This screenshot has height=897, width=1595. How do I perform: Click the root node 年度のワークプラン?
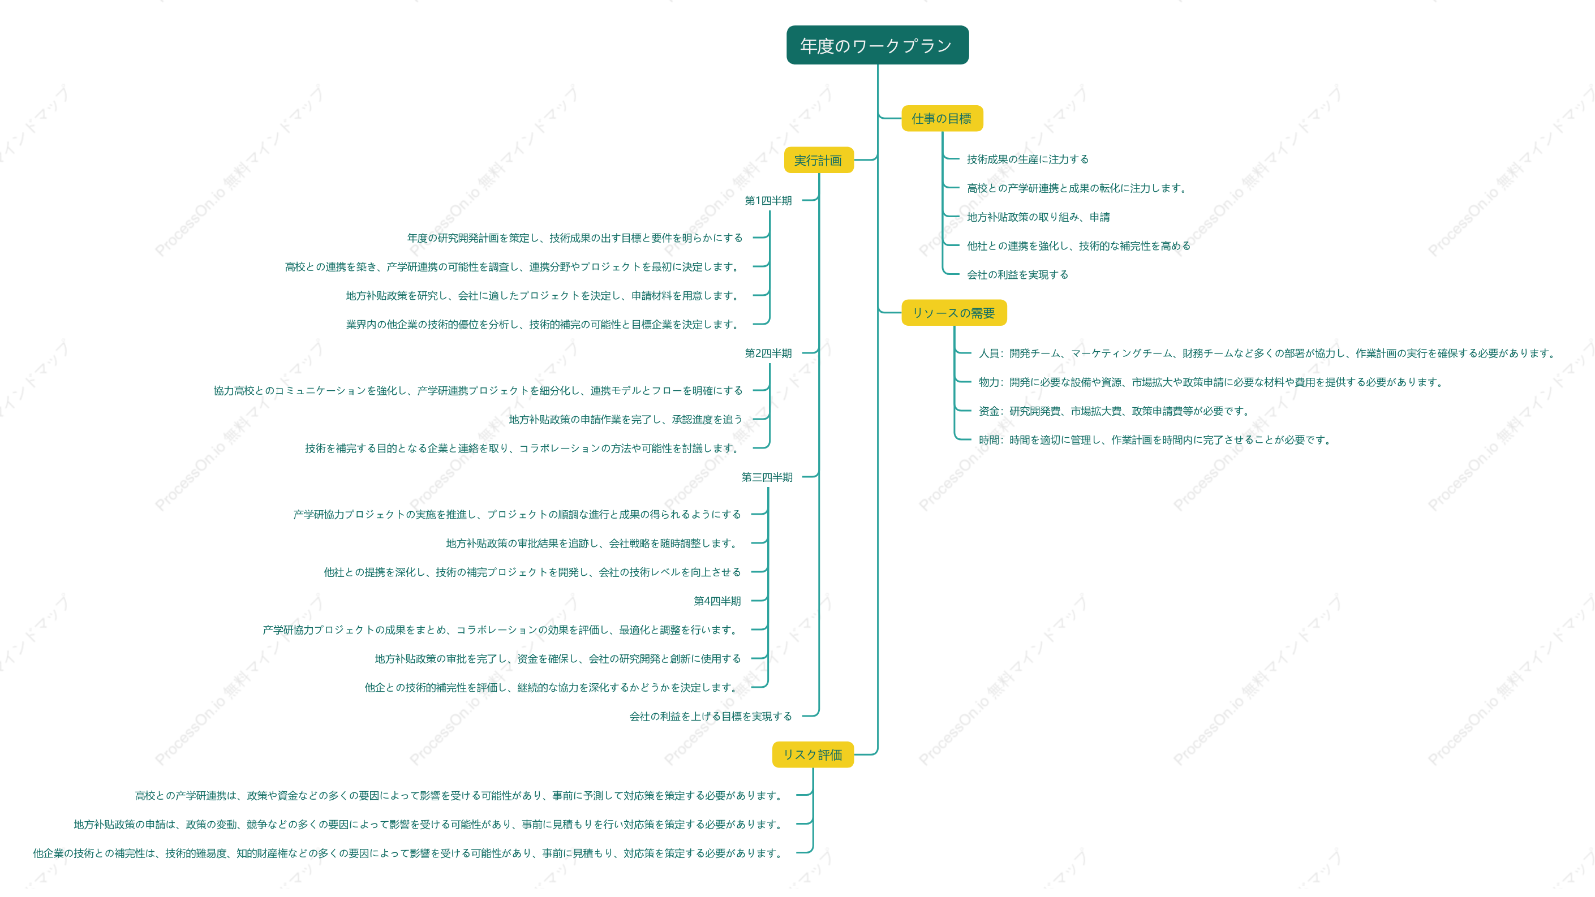877,45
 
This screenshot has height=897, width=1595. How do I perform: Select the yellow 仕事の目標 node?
941,118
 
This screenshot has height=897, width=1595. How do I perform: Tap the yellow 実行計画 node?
818,160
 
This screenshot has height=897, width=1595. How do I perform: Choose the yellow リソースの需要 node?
953,313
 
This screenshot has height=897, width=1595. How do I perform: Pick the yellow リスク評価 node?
812,754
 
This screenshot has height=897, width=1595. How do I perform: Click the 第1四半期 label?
768,201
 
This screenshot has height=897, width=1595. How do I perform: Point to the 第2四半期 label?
768,353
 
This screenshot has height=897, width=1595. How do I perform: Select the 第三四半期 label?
767,477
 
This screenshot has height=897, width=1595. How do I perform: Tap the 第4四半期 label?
717,601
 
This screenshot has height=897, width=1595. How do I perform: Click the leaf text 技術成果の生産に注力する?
1028,159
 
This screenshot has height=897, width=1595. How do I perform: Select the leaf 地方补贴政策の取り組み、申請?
1038,217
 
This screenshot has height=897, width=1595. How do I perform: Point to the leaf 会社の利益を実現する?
1017,275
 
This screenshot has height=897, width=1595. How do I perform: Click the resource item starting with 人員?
1267,353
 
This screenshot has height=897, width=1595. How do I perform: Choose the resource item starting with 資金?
1114,411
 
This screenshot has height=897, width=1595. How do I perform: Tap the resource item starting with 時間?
1155,440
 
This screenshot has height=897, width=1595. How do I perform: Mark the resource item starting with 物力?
1211,382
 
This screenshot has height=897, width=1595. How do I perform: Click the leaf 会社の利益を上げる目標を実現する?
711,717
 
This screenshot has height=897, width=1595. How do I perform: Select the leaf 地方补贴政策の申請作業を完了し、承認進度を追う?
625,420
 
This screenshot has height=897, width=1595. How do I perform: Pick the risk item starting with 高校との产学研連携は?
459,795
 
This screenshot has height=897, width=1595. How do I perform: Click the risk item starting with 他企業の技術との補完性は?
408,853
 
